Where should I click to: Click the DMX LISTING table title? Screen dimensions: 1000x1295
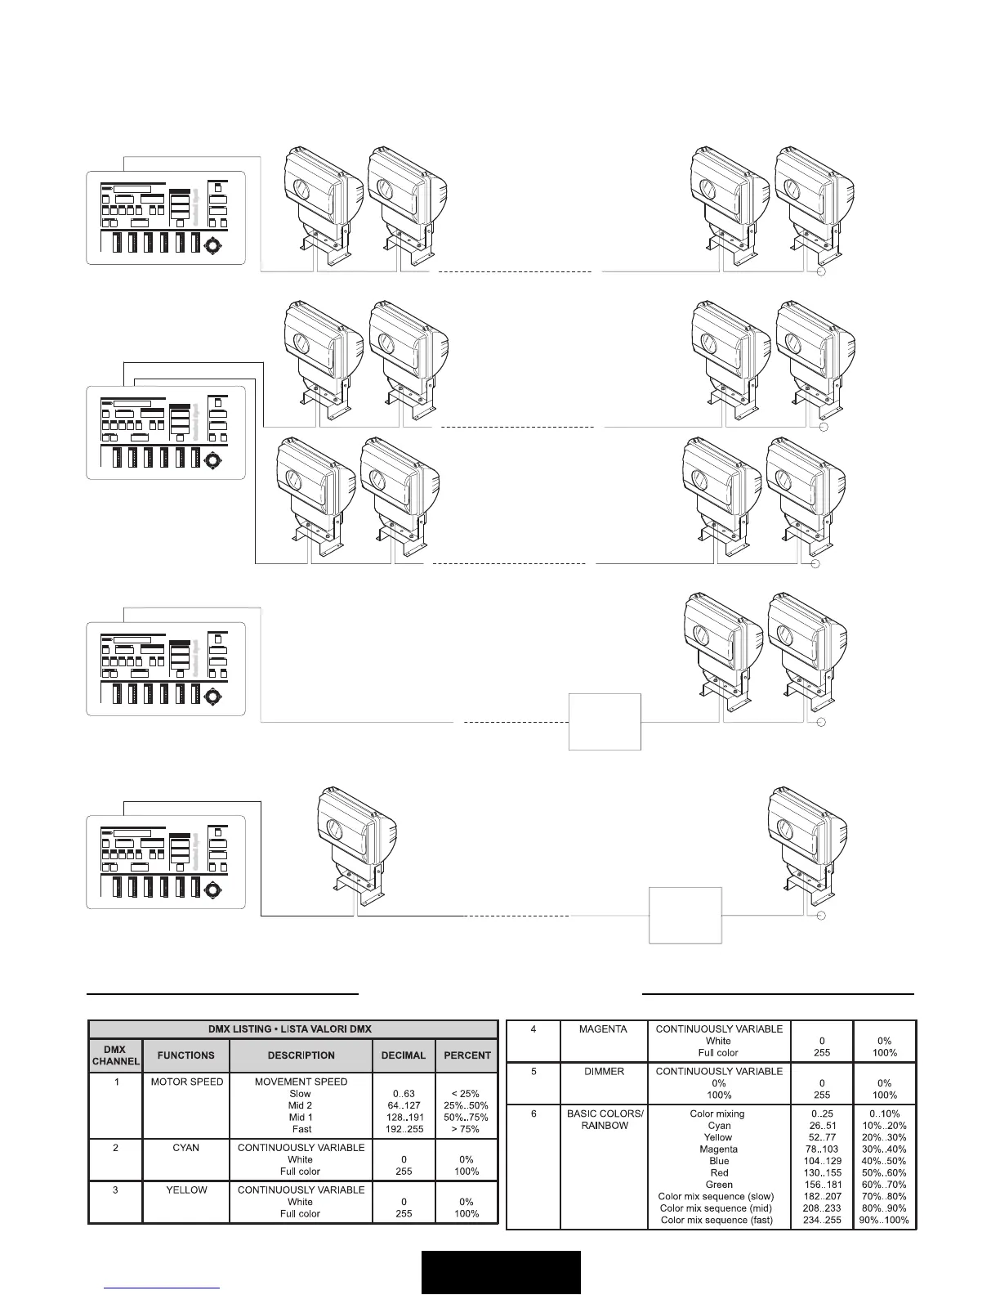click(x=292, y=1028)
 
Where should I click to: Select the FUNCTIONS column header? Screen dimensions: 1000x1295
click(x=186, y=1055)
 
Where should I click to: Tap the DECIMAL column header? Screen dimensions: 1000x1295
click(x=404, y=1055)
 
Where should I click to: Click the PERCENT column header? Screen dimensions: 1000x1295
click(x=467, y=1055)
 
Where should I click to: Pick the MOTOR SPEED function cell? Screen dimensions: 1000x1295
click(x=186, y=1082)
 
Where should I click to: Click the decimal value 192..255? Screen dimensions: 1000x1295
click(x=404, y=1129)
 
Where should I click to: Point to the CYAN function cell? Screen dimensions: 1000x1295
click(x=186, y=1148)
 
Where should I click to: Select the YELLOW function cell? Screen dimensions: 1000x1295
click(x=186, y=1190)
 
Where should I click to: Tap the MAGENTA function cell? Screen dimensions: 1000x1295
click(x=603, y=1029)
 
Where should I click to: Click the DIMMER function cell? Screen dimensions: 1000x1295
click(x=603, y=1071)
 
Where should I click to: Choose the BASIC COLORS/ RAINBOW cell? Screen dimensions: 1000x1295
click(x=605, y=1119)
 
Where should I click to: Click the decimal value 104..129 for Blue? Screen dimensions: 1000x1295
click(x=822, y=1161)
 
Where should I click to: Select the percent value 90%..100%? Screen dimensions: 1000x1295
click(x=884, y=1221)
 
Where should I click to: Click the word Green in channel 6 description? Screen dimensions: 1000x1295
click(x=719, y=1185)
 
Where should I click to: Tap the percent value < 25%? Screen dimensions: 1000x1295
click(x=467, y=1094)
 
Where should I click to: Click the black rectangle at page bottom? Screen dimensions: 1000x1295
click(x=501, y=1272)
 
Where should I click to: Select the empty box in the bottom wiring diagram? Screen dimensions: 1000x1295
click(x=685, y=915)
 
